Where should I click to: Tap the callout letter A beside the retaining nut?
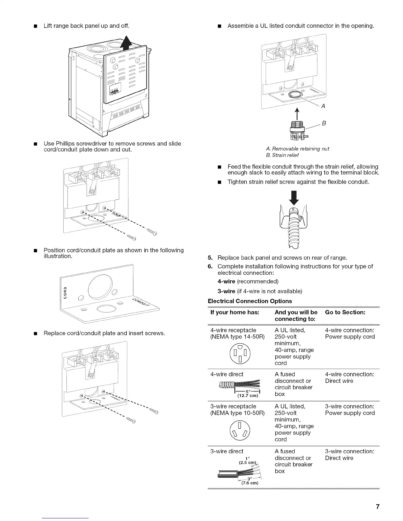point(323,106)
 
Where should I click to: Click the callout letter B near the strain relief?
point(324,123)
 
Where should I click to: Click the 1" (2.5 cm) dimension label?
point(247,460)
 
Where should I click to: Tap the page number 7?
point(378,507)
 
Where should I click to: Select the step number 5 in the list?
point(210,258)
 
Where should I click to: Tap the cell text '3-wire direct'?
point(227,451)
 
